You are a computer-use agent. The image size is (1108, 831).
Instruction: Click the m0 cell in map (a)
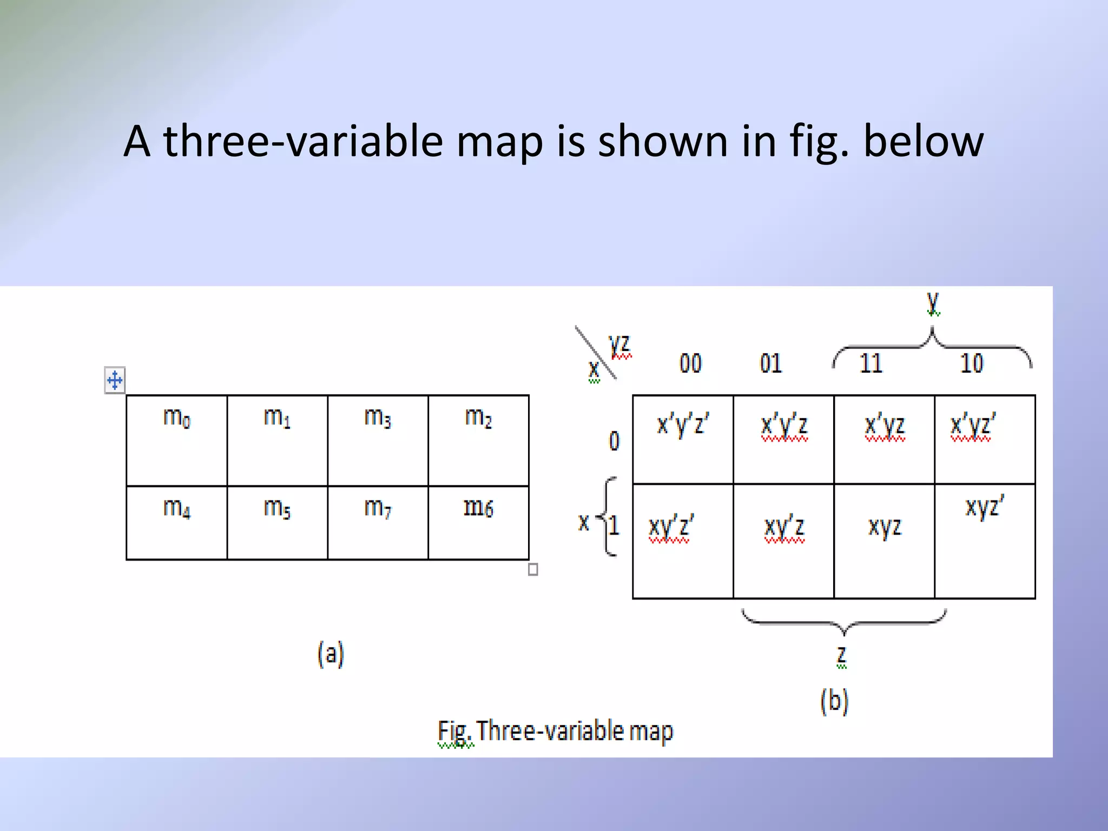pyautogui.click(x=176, y=440)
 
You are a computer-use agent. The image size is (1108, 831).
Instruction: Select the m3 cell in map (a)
pyautogui.click(x=378, y=440)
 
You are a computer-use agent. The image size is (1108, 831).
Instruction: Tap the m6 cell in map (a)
pyautogui.click(x=478, y=522)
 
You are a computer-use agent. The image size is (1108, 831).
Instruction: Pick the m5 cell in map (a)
pyautogui.click(x=277, y=522)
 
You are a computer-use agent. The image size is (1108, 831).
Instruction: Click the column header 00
pyautogui.click(x=690, y=363)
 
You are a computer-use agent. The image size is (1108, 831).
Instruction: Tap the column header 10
pyautogui.click(x=972, y=363)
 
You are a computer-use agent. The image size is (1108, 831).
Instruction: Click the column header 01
pyautogui.click(x=770, y=363)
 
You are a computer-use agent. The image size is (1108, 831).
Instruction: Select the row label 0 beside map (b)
pyautogui.click(x=614, y=441)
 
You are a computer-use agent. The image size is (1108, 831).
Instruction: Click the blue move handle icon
pyautogui.click(x=115, y=380)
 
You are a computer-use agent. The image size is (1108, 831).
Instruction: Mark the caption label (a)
pyautogui.click(x=331, y=654)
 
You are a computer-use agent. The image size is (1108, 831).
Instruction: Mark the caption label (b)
pyautogui.click(x=834, y=701)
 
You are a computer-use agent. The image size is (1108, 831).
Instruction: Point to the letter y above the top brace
pyautogui.click(x=933, y=302)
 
